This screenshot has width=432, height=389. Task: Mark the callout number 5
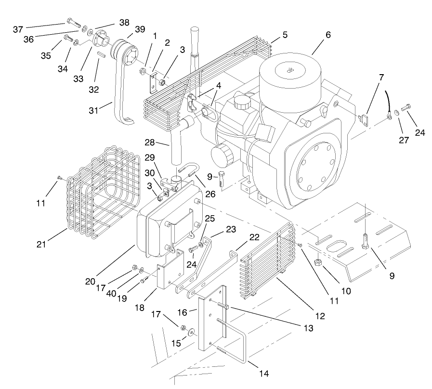(x=285, y=35)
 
